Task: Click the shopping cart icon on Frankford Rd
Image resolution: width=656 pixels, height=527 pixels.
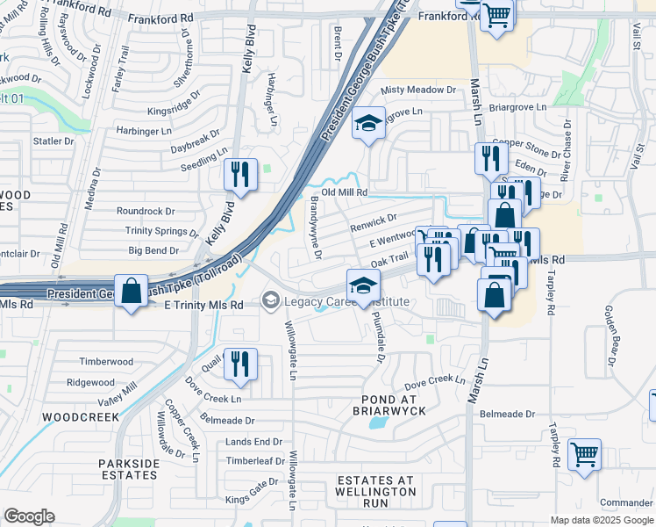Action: tap(496, 16)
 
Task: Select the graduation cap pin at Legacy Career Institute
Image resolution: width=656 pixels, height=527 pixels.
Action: tap(363, 285)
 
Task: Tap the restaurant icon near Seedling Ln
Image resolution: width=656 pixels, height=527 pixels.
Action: tap(239, 173)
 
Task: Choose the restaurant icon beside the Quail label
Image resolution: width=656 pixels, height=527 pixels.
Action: tap(239, 364)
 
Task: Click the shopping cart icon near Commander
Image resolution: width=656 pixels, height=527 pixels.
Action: tap(584, 455)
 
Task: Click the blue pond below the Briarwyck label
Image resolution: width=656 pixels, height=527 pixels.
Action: tap(379, 423)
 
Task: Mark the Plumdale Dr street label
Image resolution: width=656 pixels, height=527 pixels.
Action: tap(377, 336)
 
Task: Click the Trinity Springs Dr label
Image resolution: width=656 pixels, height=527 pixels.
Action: tap(161, 231)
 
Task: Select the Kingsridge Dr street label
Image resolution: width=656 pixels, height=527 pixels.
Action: tap(175, 111)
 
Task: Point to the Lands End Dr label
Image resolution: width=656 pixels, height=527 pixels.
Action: tap(254, 442)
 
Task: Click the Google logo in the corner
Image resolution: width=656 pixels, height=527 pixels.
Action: tap(30, 516)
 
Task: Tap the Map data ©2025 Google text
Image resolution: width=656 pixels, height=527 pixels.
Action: tap(602, 520)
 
